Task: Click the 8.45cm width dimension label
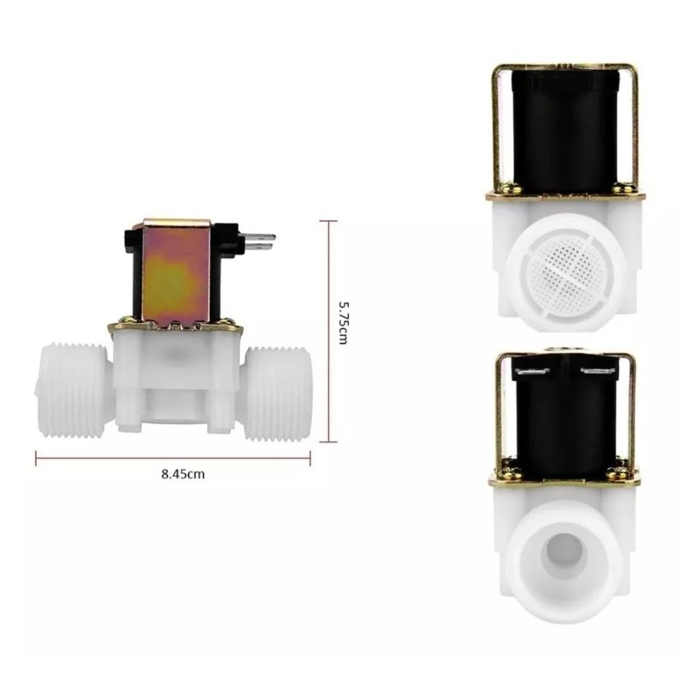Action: pyautogui.click(x=183, y=474)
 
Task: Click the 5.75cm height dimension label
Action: pyautogui.click(x=344, y=323)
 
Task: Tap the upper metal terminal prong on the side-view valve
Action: pyautogui.click(x=259, y=237)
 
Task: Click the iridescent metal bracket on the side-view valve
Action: pyautogui.click(x=176, y=273)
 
